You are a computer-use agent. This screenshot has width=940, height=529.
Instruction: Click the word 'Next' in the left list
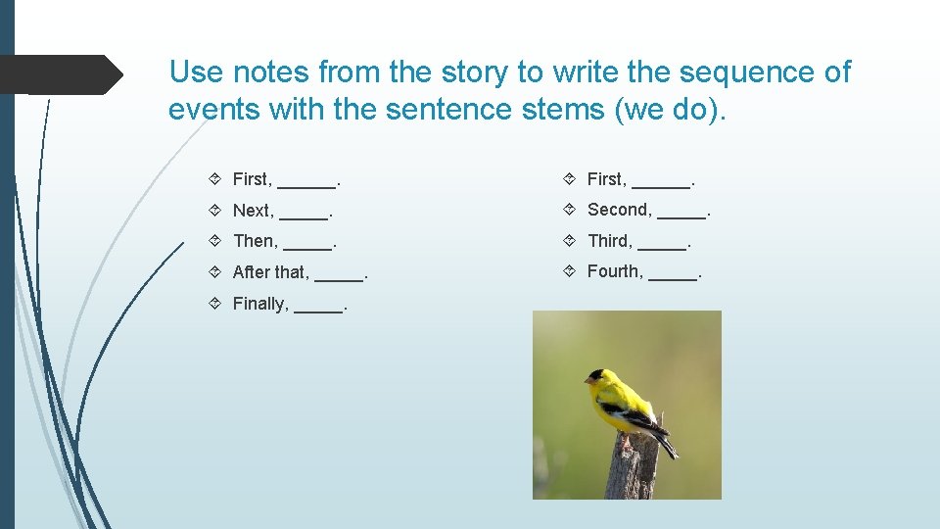pyautogui.click(x=252, y=211)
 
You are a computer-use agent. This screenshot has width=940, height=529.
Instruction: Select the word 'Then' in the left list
pyautogui.click(x=254, y=241)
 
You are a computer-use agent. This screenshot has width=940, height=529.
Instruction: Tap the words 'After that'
pyautogui.click(x=270, y=272)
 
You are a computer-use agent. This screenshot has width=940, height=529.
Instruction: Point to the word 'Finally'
pyautogui.click(x=259, y=304)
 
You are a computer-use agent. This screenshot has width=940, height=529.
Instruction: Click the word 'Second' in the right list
pyautogui.click(x=619, y=210)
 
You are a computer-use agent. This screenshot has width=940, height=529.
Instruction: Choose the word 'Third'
pyautogui.click(x=609, y=241)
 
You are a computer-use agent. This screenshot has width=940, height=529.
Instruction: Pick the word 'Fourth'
pyautogui.click(x=614, y=271)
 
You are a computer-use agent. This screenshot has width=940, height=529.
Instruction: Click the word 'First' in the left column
pyautogui.click(x=251, y=179)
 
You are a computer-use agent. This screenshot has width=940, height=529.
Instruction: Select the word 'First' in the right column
pyautogui.click(x=605, y=179)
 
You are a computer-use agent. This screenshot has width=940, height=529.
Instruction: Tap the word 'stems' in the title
pyautogui.click(x=557, y=109)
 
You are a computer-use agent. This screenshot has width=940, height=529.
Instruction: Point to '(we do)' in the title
pyautogui.click(x=671, y=109)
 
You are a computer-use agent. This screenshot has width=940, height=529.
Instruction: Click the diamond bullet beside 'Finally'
pyautogui.click(x=216, y=304)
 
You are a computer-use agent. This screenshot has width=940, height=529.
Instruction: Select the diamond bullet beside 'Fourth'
pyautogui.click(x=571, y=271)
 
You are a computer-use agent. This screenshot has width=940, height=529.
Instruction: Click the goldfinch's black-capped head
pyautogui.click(x=596, y=377)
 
